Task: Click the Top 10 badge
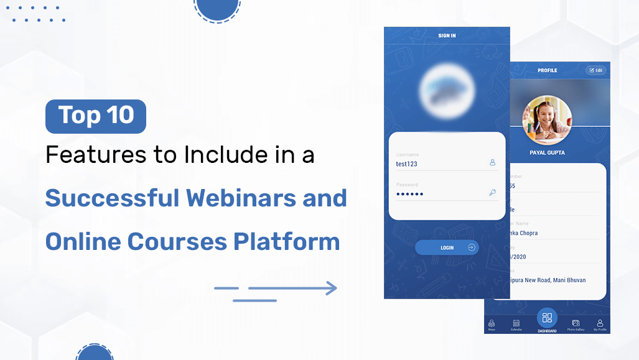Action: click(x=96, y=116)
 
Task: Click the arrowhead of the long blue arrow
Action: click(x=330, y=288)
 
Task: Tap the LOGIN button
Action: click(x=447, y=247)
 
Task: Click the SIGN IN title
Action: click(x=447, y=36)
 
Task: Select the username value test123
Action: click(x=407, y=164)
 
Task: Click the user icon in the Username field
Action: click(x=492, y=162)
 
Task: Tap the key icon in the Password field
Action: click(x=492, y=193)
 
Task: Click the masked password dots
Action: click(x=409, y=194)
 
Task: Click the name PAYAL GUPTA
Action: click(x=547, y=152)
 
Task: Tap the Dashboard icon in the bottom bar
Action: click(x=547, y=318)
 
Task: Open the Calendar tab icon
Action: click(x=516, y=323)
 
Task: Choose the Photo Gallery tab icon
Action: click(x=576, y=323)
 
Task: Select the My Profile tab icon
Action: click(x=600, y=323)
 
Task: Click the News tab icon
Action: click(x=492, y=323)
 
